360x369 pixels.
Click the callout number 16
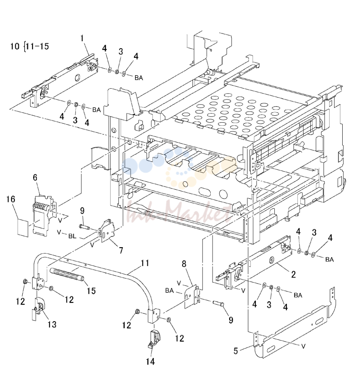[10, 199]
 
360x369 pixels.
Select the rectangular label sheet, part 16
[23, 227]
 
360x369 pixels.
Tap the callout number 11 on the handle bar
[145, 263]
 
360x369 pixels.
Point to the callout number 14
[150, 361]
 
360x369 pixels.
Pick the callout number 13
[52, 325]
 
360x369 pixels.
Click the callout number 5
[236, 351]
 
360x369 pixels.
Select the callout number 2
[293, 275]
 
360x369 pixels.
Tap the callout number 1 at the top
[82, 38]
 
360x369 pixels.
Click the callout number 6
[35, 177]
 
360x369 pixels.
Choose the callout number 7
[121, 250]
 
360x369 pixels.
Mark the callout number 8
[184, 264]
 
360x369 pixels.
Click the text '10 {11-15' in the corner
[29, 46]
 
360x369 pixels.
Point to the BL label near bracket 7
[72, 236]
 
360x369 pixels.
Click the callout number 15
[91, 291]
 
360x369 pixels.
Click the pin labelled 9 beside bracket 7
[85, 227]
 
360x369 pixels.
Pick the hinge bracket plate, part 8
[191, 297]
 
